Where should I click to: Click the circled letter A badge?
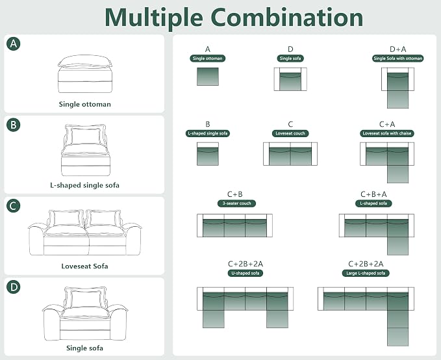pyautogui.click(x=14, y=44)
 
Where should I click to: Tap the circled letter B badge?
pyautogui.click(x=14, y=125)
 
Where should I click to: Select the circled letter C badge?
pyautogui.click(x=14, y=206)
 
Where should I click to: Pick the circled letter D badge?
pyautogui.click(x=14, y=287)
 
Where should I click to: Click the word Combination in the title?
pyautogui.click(x=287, y=17)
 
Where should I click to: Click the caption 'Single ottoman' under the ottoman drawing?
pyautogui.click(x=84, y=104)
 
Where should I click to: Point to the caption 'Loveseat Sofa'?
pyautogui.click(x=84, y=266)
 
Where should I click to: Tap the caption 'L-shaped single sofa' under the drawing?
pyautogui.click(x=84, y=185)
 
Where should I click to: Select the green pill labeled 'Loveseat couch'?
pyautogui.click(x=290, y=133)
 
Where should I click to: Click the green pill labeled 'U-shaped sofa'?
pyautogui.click(x=246, y=273)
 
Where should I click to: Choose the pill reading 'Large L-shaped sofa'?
pyautogui.click(x=366, y=273)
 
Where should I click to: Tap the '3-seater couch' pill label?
pyautogui.click(x=236, y=203)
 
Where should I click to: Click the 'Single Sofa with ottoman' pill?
pyautogui.click(x=397, y=58)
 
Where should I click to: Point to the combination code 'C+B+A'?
pyautogui.click(x=373, y=194)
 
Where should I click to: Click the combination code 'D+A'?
pyautogui.click(x=397, y=49)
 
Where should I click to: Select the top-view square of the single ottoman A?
pyautogui.click(x=208, y=77)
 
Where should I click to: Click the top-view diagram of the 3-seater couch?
pyautogui.click(x=235, y=225)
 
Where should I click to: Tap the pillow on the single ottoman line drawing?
pyautogui.click(x=84, y=61)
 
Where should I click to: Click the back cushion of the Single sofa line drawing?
pyautogui.click(x=86, y=299)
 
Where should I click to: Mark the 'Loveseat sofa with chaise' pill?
pyautogui.click(x=387, y=133)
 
